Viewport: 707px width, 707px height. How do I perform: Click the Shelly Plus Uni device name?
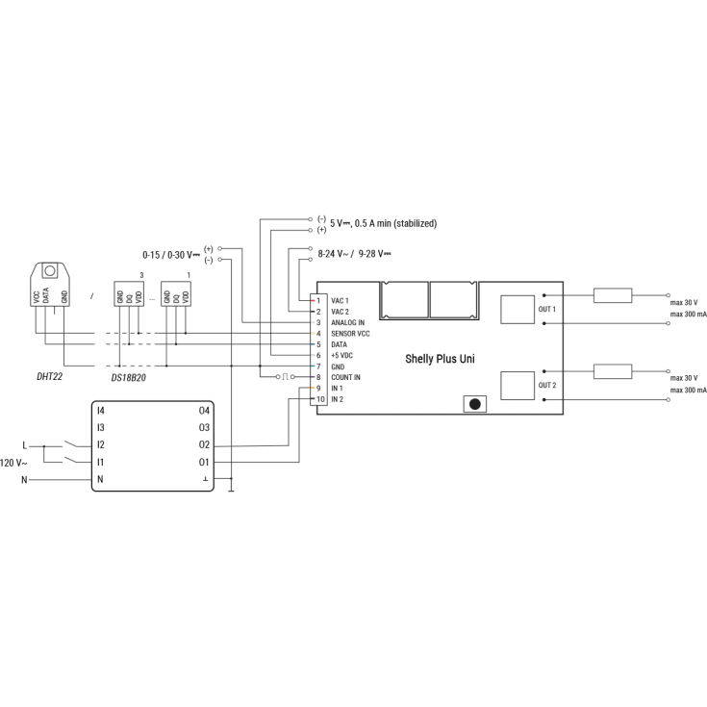(440, 358)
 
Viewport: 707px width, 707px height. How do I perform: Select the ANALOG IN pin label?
(347, 322)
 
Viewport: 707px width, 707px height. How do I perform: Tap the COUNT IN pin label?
(345, 377)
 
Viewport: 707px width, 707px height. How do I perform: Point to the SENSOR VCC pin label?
(349, 333)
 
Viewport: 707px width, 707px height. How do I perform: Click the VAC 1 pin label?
(340, 301)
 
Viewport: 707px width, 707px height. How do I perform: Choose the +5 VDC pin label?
(342, 355)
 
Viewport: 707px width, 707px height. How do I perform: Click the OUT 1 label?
(546, 309)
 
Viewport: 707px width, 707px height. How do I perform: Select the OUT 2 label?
(546, 385)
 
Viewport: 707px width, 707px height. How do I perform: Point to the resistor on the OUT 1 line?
(612, 294)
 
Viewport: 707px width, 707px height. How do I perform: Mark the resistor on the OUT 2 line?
(612, 370)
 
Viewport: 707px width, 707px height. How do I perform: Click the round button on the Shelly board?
(474, 404)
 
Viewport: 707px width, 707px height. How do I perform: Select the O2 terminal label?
(204, 444)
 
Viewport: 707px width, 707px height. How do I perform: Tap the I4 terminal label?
(100, 411)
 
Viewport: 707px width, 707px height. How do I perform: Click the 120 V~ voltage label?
(14, 463)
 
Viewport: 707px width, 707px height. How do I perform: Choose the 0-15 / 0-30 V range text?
(170, 255)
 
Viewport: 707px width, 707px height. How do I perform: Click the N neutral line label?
(25, 479)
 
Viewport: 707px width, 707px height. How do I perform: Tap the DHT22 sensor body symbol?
(50, 285)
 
